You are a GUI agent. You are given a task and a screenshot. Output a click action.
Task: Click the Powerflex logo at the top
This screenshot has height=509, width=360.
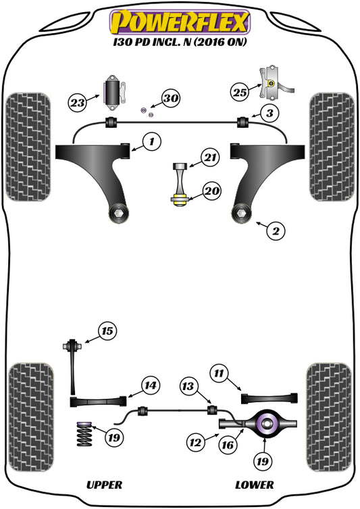pyautogui.click(x=180, y=22)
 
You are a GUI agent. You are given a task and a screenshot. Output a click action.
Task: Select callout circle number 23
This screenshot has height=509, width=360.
pyautogui.click(x=78, y=103)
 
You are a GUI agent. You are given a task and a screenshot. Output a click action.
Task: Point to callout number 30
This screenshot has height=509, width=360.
pyautogui.click(x=170, y=99)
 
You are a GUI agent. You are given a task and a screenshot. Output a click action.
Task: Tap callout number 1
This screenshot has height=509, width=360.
pyautogui.click(x=152, y=142)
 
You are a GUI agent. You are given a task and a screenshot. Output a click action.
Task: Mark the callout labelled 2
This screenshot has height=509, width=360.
pyautogui.click(x=275, y=232)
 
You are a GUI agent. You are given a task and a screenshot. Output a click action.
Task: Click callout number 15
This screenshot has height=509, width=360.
pyautogui.click(x=106, y=331)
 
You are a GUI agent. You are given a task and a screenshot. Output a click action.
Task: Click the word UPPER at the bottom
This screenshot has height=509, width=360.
pyautogui.click(x=104, y=485)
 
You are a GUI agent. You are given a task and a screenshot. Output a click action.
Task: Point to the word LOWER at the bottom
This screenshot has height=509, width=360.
pyautogui.click(x=254, y=485)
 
